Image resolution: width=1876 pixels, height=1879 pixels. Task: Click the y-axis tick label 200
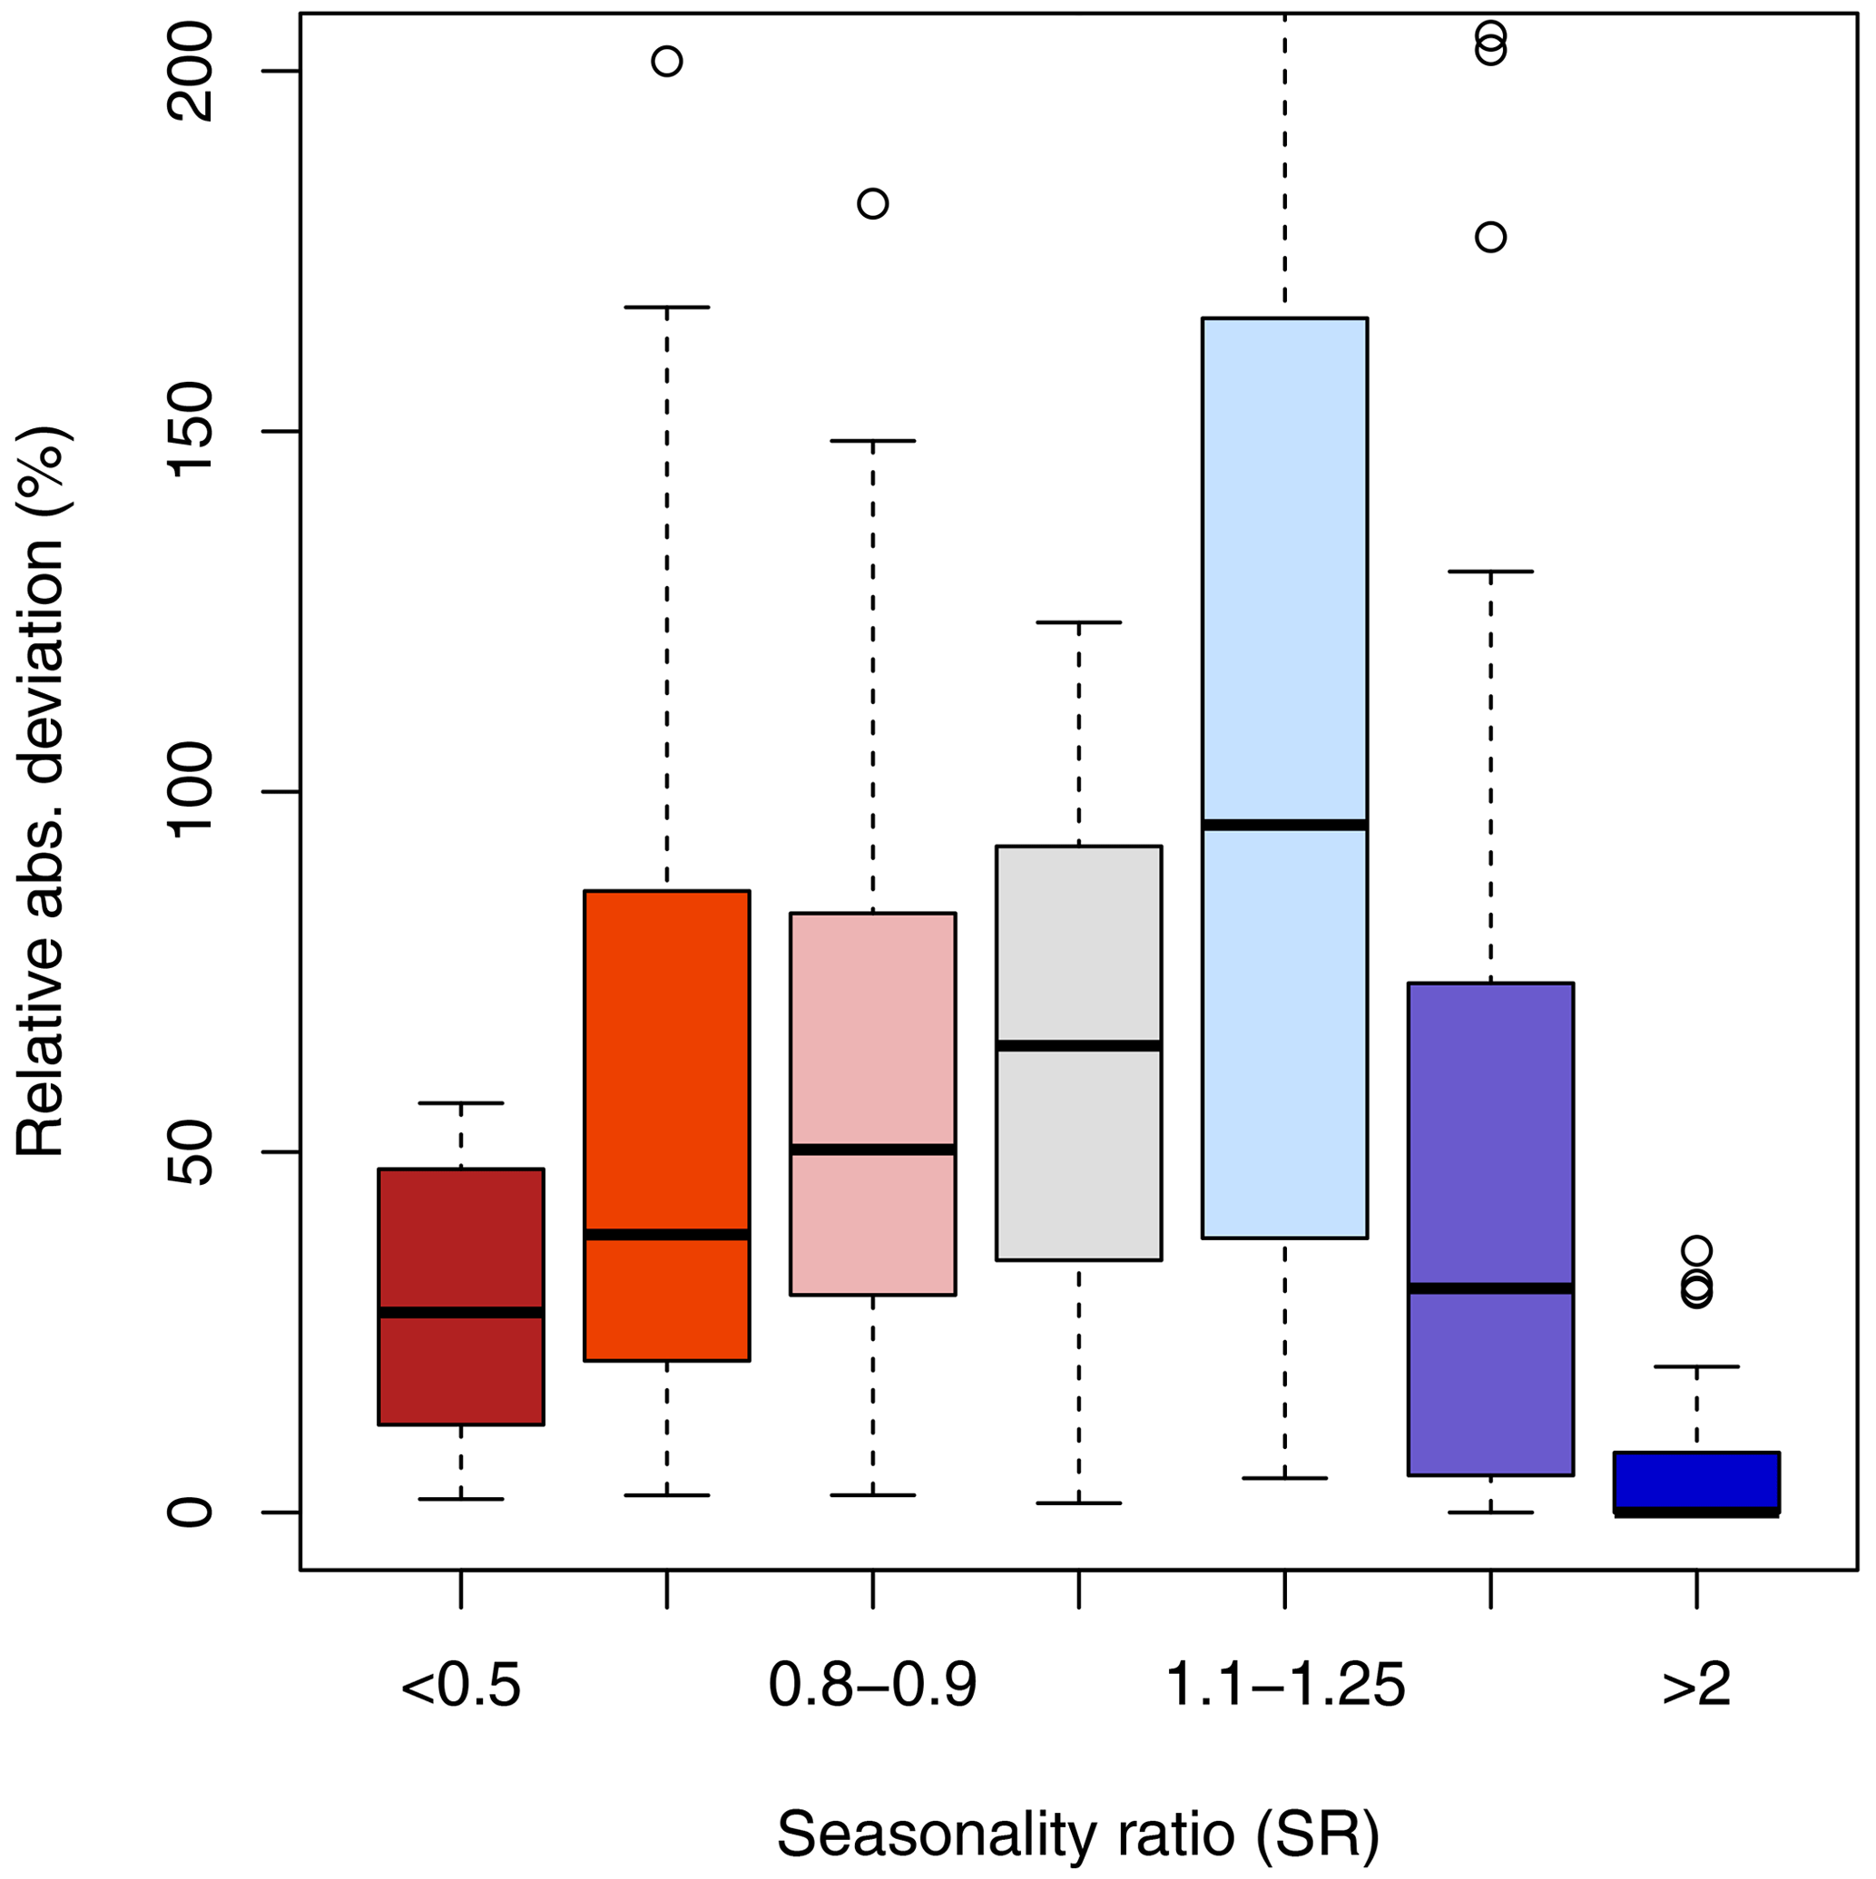point(191,72)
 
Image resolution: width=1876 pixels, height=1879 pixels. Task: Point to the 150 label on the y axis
point(191,432)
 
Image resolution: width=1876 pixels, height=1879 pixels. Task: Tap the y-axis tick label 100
point(191,792)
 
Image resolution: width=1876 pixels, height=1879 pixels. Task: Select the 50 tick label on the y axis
point(191,1152)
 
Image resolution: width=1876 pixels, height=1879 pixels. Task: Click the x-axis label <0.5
point(460,1686)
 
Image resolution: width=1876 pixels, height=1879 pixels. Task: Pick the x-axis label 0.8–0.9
point(872,1686)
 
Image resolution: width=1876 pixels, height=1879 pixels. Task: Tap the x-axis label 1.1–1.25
point(1284,1686)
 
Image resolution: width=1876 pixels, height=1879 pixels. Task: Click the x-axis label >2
point(1696,1686)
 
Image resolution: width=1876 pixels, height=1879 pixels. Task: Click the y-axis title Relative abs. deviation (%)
point(41,792)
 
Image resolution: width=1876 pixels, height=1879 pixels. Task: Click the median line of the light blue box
point(1284,825)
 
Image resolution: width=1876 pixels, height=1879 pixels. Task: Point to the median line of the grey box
point(1078,1045)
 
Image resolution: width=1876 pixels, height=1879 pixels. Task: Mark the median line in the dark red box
point(460,1312)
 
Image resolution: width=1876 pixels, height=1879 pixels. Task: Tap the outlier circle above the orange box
point(666,62)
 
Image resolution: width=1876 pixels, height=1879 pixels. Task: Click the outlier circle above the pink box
point(872,203)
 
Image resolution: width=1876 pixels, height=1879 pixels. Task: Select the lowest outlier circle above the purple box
point(1490,236)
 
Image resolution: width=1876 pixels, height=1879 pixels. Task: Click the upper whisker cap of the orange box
point(666,307)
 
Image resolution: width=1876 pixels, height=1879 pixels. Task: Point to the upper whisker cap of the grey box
point(1078,621)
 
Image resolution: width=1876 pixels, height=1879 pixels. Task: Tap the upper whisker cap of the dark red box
point(460,1103)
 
